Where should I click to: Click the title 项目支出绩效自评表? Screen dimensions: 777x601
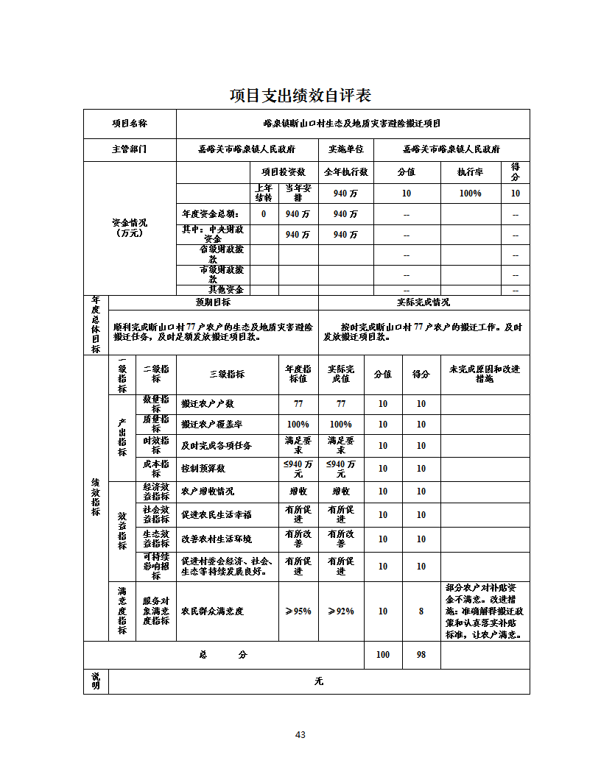[x=300, y=96]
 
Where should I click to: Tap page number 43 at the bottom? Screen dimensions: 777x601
[x=300, y=734]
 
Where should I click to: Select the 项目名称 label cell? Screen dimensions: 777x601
[x=129, y=124]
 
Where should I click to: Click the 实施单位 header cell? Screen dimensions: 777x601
[x=345, y=149]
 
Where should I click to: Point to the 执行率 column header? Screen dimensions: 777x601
[x=470, y=172]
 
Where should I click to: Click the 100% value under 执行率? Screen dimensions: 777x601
[x=470, y=194]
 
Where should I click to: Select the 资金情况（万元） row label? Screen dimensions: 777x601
[x=129, y=227]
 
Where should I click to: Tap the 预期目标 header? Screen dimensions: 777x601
[x=213, y=302]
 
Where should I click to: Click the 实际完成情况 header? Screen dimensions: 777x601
[x=423, y=302]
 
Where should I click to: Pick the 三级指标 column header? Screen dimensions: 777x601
[x=227, y=374]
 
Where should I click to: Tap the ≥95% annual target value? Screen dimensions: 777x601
[x=298, y=611]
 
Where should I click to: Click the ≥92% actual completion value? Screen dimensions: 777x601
[x=340, y=611]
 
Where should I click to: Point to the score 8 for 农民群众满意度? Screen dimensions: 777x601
[x=421, y=611]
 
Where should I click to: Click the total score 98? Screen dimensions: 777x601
[x=421, y=655]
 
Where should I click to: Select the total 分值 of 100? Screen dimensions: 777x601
[x=383, y=655]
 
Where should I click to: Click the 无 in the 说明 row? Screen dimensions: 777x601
[x=318, y=681]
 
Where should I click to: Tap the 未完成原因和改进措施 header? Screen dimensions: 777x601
[x=485, y=374]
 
